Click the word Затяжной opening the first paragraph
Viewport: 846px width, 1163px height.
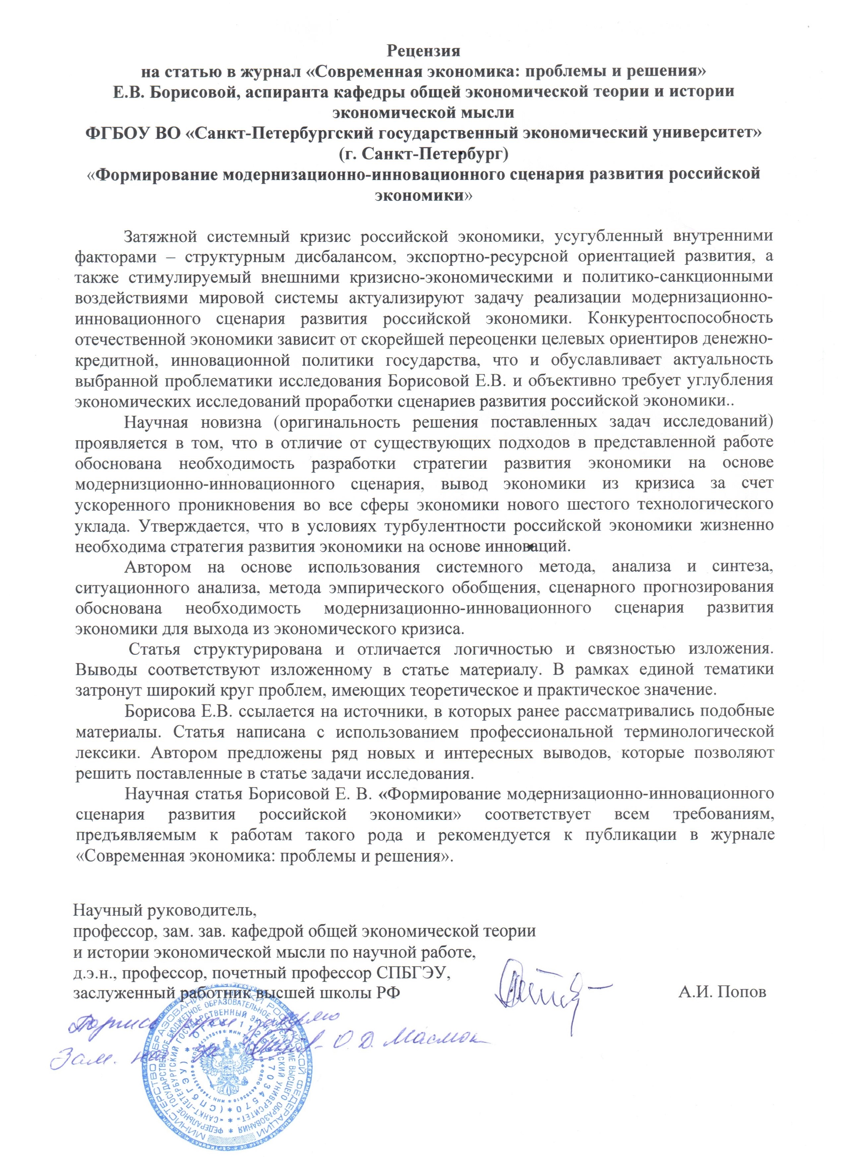point(161,237)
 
